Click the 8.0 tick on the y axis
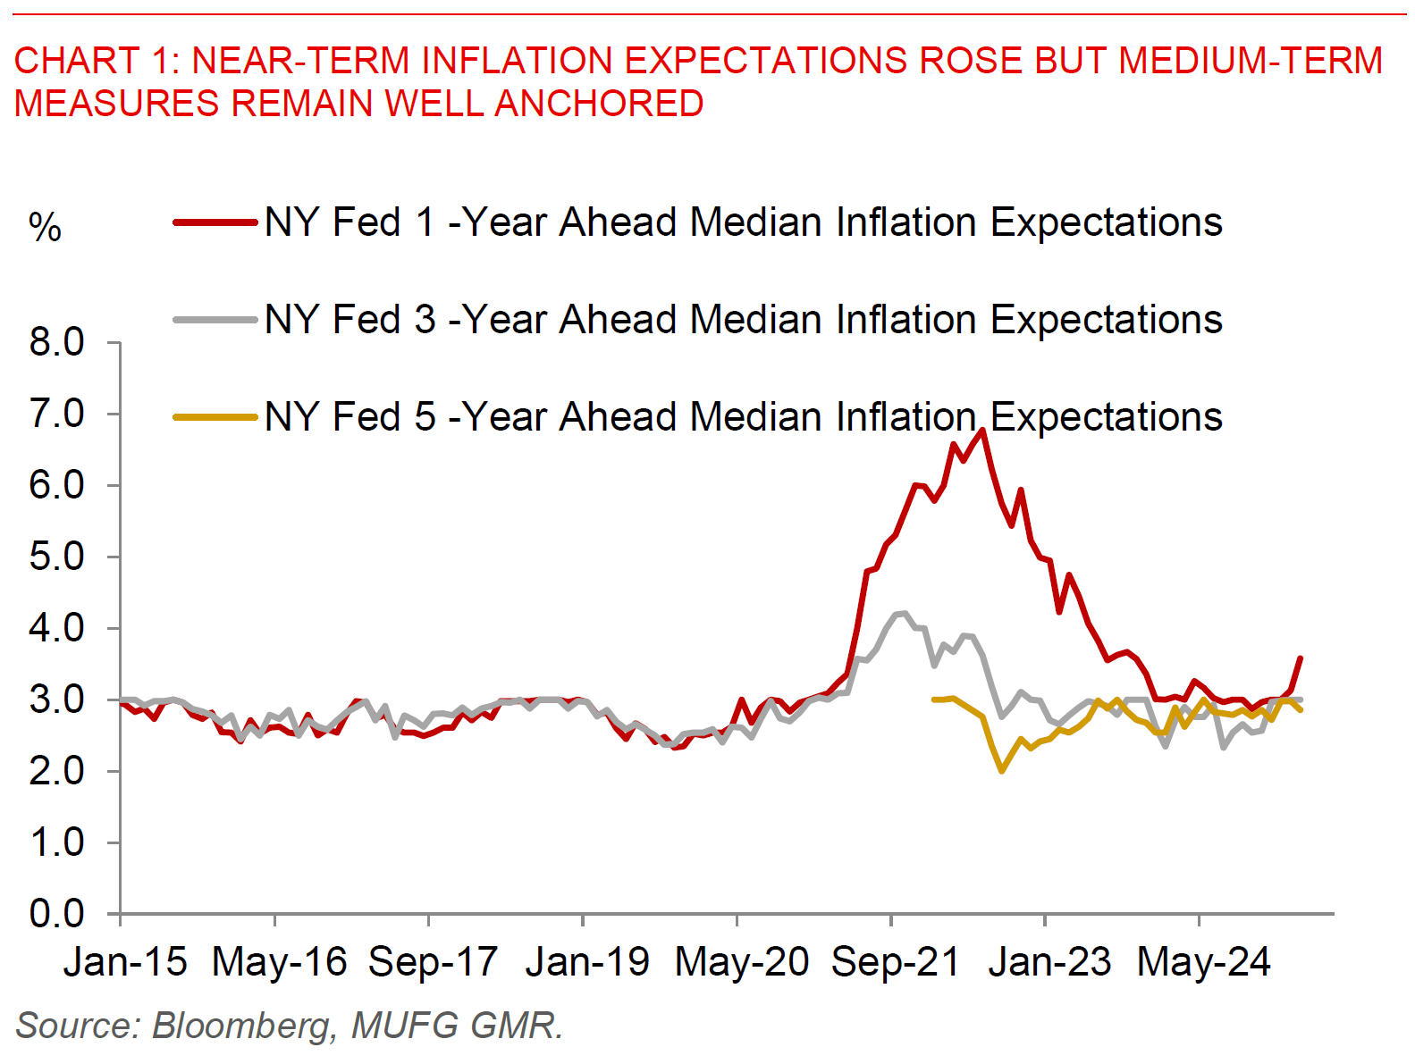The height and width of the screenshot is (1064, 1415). click(x=56, y=342)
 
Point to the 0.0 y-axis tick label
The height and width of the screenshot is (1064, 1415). click(x=56, y=914)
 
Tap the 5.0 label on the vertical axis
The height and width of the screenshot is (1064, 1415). click(x=56, y=557)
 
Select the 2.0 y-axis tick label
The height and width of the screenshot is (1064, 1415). click(x=56, y=771)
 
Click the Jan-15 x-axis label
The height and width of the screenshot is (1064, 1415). click(x=125, y=962)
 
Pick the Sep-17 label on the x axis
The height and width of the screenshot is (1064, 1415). click(x=433, y=962)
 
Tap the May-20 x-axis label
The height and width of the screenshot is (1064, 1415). click(x=741, y=962)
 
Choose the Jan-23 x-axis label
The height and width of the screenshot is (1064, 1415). click(x=1049, y=962)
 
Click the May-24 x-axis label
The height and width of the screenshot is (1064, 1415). click(x=1203, y=962)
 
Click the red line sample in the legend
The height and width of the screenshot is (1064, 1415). click(x=215, y=222)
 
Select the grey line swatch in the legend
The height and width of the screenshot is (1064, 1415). click(x=215, y=320)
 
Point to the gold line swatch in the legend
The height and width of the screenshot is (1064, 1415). click(x=215, y=417)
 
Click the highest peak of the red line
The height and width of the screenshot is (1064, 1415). click(x=982, y=430)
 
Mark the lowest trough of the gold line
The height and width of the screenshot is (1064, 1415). click(x=1002, y=770)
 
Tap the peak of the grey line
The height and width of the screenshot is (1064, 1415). click(x=905, y=613)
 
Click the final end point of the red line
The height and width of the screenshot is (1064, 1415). click(x=1300, y=658)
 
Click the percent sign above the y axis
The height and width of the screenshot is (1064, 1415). click(x=45, y=228)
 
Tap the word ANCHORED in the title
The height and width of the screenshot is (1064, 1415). click(x=599, y=104)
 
